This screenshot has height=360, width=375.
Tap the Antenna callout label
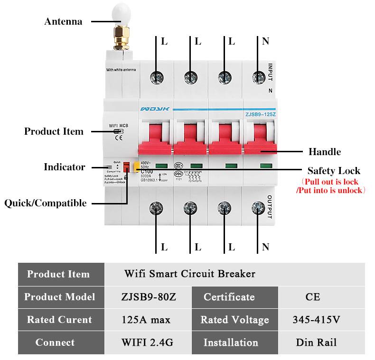(x=63, y=21)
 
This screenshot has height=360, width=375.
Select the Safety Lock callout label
(x=334, y=171)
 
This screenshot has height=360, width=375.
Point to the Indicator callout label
(x=65, y=167)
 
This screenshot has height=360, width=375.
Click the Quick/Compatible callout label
(x=46, y=203)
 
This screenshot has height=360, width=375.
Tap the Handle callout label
(x=325, y=152)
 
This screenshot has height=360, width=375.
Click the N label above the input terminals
(x=265, y=41)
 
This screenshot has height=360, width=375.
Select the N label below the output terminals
(x=265, y=247)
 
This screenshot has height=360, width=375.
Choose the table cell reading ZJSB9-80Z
(x=149, y=297)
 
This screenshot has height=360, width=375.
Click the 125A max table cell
(x=146, y=320)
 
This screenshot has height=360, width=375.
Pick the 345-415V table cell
(x=316, y=320)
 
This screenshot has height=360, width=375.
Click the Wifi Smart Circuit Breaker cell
(x=190, y=274)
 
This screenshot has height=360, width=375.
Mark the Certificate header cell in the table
(x=229, y=297)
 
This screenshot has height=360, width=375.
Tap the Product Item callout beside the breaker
(x=54, y=131)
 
